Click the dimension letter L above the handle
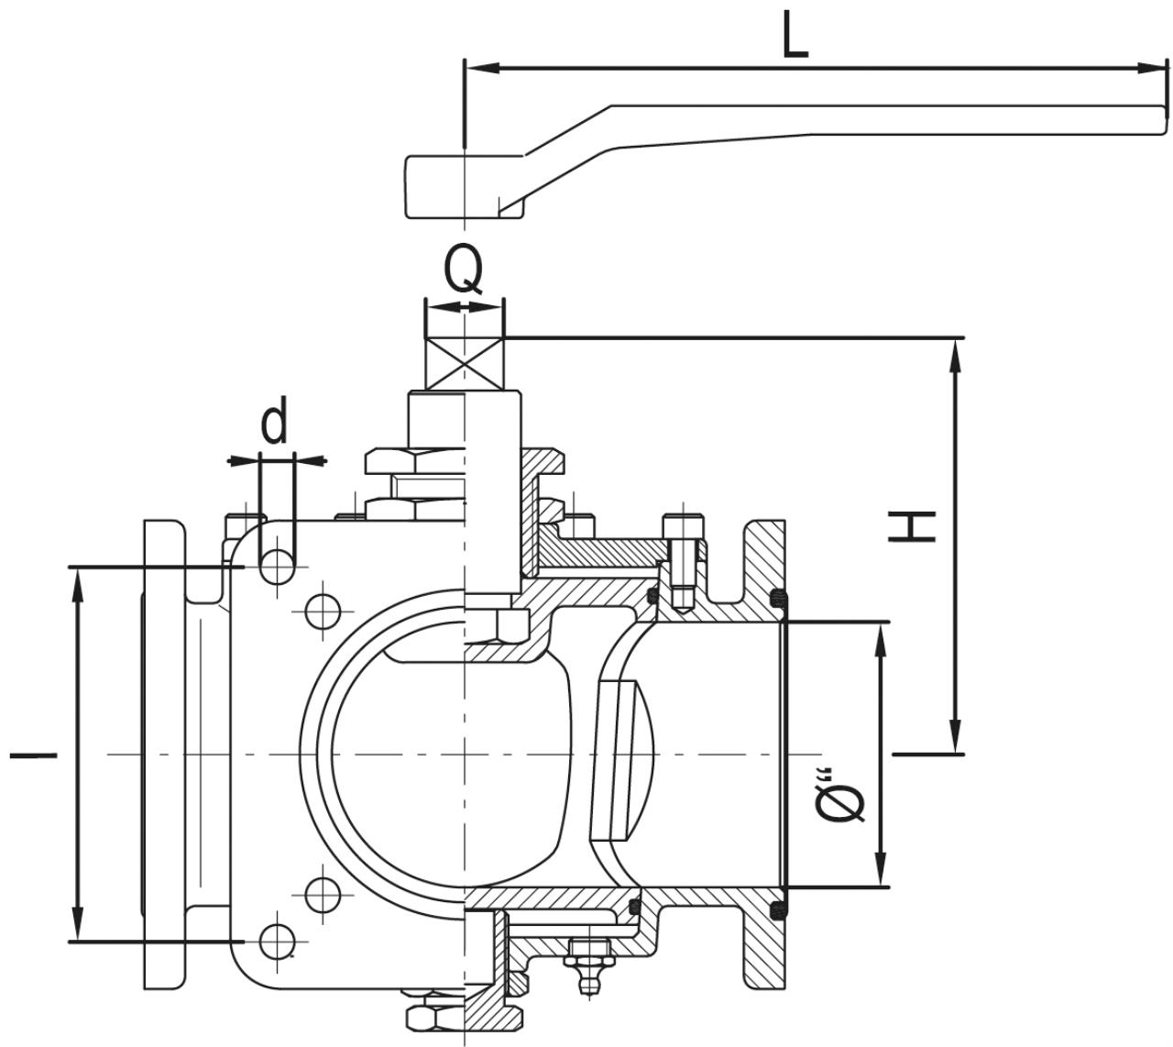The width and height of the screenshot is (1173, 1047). coord(795,35)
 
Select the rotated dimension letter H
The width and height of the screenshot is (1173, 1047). coord(912,526)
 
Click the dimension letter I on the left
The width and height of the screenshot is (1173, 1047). coord(33,755)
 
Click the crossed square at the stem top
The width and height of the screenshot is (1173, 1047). coord(465,363)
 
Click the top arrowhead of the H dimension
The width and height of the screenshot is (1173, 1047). coord(955,355)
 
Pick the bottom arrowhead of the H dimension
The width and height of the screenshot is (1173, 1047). coord(955,737)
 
